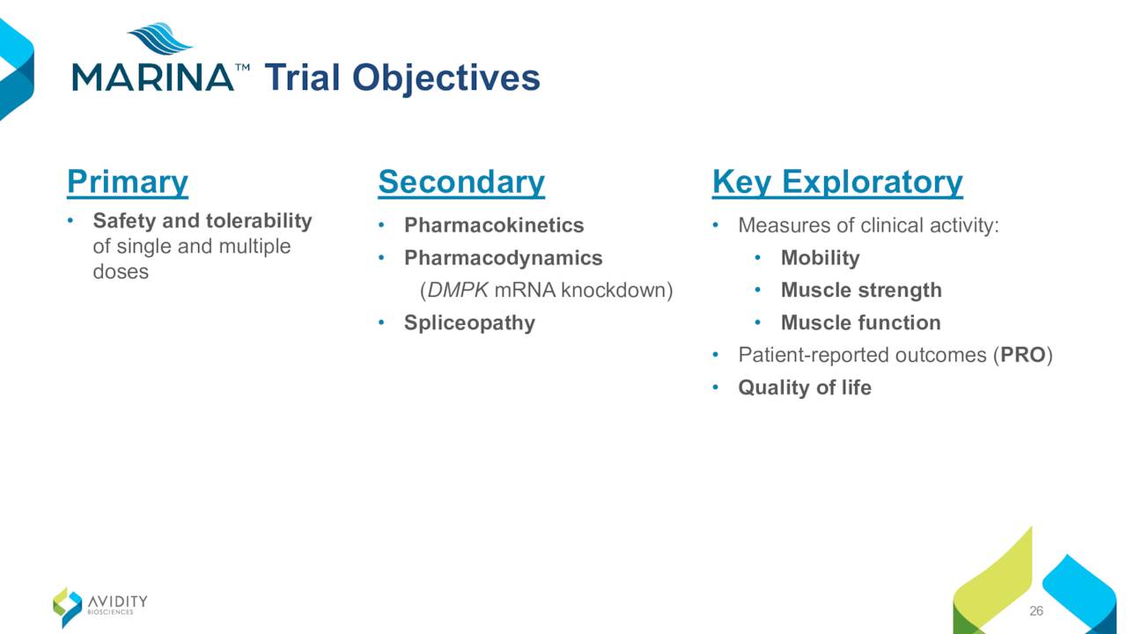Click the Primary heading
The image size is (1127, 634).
point(128,182)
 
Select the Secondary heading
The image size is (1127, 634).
point(461,182)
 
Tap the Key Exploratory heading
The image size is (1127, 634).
point(837,182)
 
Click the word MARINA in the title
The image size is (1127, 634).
point(153,77)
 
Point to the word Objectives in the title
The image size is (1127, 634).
point(446,78)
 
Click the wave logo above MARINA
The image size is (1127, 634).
point(160,38)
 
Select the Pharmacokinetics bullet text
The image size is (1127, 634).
point(494,225)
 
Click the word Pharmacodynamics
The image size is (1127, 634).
point(503,259)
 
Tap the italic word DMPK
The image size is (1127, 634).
point(457,291)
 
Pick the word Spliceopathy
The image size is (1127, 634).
point(469,323)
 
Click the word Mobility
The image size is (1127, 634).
point(820,259)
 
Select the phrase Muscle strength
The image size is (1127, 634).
point(861,291)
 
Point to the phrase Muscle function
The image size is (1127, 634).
point(860,322)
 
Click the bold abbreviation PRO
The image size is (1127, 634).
point(1023,355)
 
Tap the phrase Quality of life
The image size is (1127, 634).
point(805,388)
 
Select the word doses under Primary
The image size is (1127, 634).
point(121,272)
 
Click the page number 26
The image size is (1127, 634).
point(1036,611)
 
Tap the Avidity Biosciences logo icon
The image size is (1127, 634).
point(68,608)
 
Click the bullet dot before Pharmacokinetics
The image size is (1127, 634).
point(381,225)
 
